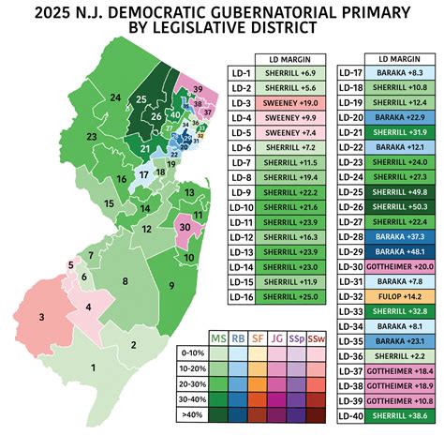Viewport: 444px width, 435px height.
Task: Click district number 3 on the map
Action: (x=42, y=318)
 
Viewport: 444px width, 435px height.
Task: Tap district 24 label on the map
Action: (x=115, y=97)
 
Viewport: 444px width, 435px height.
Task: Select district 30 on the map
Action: (x=185, y=228)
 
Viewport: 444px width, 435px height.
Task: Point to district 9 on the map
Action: (x=171, y=285)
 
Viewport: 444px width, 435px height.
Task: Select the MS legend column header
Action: (x=219, y=337)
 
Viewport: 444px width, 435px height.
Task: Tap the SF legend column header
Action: (x=256, y=337)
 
